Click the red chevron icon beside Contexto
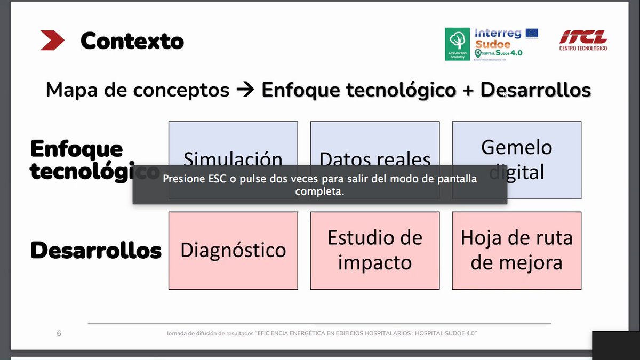[x=52, y=41]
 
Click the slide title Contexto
[x=132, y=41]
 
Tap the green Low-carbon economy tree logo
[x=457, y=44]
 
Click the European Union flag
[x=531, y=33]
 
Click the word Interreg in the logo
[x=498, y=33]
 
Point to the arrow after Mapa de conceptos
[x=245, y=90]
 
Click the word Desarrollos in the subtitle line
[x=535, y=90]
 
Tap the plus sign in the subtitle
[x=468, y=91]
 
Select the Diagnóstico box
[x=233, y=251]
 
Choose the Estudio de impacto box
[x=374, y=251]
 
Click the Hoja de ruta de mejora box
[x=516, y=251]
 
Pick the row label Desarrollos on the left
[x=96, y=250]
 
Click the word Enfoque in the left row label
[x=76, y=149]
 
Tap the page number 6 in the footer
[x=59, y=333]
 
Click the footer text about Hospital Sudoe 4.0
[x=321, y=333]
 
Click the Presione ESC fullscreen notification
[x=319, y=185]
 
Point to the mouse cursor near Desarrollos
[x=505, y=94]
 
